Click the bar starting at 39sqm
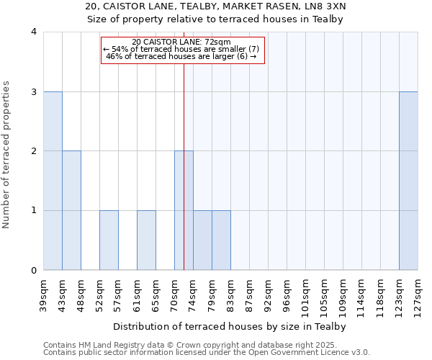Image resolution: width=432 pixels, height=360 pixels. pyautogui.click(x=53, y=181)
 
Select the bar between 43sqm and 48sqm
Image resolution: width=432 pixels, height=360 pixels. pyautogui.click(x=71, y=210)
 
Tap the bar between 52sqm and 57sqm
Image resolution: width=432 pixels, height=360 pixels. pyautogui.click(x=109, y=240)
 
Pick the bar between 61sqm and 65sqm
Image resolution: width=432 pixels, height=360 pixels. pyautogui.click(x=146, y=240)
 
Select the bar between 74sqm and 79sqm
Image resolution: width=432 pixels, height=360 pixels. pyautogui.click(x=202, y=240)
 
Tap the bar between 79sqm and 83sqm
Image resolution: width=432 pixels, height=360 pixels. pyautogui.click(x=221, y=240)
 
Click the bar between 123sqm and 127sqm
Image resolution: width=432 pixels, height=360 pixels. pyautogui.click(x=408, y=181)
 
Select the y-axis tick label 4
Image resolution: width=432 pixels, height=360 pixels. pyautogui.click(x=33, y=32)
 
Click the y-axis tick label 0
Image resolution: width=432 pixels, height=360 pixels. pyautogui.click(x=33, y=271)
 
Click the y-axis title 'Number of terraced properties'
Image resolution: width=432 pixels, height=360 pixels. pyautogui.click(x=6, y=155)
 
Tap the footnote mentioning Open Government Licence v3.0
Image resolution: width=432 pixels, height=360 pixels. pyautogui.click(x=207, y=353)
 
